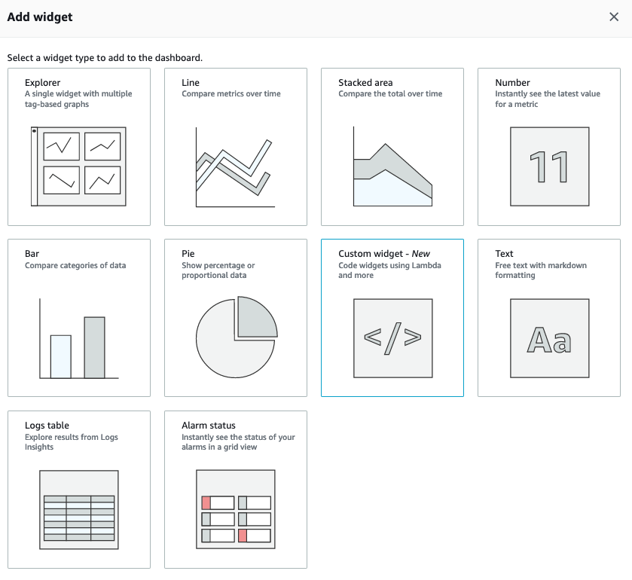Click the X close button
point(613,17)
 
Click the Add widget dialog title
point(40,17)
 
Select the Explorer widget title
point(42,83)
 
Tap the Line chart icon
point(235,167)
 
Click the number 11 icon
point(549,166)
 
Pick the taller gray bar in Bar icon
point(94,347)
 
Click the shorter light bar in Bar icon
point(61,356)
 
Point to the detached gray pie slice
point(255,316)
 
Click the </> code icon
point(392,338)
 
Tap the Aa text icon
point(549,339)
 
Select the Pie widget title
point(188,254)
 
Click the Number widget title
point(512,83)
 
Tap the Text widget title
point(504,254)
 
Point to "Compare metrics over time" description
point(231,94)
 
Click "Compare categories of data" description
point(75,265)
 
